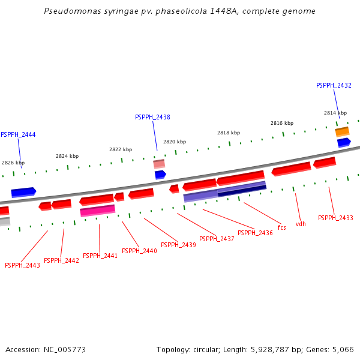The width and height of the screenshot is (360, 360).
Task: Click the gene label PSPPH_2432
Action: (334, 86)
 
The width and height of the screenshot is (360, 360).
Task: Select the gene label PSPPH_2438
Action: (152, 118)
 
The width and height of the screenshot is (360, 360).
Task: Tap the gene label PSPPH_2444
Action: (18, 135)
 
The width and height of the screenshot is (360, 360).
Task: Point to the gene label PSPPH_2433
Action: (335, 218)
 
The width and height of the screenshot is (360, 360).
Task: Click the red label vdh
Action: (301, 224)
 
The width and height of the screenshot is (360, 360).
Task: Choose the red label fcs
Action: (281, 228)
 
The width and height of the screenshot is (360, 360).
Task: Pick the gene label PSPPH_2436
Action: (255, 233)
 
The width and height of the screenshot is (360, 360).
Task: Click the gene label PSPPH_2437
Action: (217, 239)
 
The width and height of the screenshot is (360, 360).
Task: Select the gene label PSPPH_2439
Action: (178, 245)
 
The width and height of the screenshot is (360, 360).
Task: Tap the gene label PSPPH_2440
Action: (139, 251)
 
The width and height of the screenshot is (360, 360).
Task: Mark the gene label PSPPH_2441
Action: (100, 256)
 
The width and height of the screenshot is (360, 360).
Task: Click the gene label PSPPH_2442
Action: (61, 261)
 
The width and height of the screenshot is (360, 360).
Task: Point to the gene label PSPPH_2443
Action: (22, 266)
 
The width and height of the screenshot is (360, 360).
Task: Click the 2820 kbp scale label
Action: (175, 142)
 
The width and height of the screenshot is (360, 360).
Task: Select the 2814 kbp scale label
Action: (335, 113)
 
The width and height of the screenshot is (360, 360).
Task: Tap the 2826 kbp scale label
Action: (13, 163)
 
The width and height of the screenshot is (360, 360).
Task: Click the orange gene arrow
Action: (342, 131)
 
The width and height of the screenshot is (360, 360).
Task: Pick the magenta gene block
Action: (97, 210)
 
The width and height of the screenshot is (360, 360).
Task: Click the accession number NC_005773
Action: (62, 349)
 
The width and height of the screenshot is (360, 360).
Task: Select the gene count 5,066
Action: (342, 349)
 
